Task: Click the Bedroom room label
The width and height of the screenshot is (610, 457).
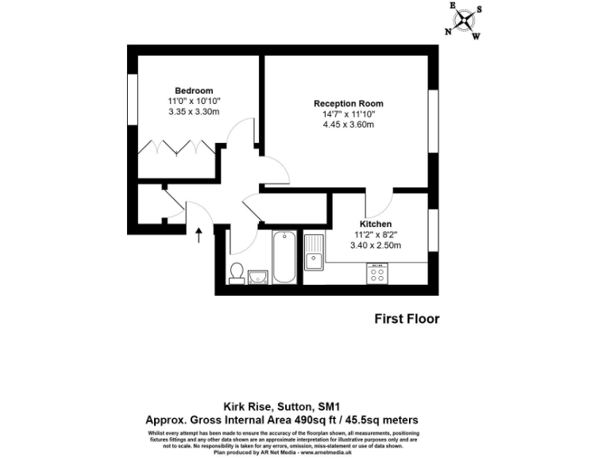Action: pos(194,90)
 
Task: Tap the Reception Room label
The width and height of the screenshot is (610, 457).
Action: pos(348,104)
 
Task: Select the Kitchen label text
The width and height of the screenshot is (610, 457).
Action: pos(376,224)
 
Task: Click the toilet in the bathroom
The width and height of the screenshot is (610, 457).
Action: pos(236,272)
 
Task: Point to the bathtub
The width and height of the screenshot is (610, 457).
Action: pos(284,258)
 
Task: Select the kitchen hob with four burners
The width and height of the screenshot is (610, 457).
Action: pos(377,275)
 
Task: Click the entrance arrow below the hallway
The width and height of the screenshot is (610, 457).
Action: pos(199,233)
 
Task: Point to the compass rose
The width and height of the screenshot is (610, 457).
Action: pos(465,20)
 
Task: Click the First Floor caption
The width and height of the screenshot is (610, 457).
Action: pos(407,319)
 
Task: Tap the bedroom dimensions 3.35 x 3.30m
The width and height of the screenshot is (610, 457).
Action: pos(194,112)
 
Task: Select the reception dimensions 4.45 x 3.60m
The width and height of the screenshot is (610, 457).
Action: pos(348,125)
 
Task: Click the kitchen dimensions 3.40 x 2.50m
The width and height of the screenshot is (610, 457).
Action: pos(376,245)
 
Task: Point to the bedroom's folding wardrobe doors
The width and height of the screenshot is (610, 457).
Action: pos(176,148)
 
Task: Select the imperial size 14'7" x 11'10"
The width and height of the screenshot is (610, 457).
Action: pos(348,114)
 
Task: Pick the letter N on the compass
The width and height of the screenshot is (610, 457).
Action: pos(448,32)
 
